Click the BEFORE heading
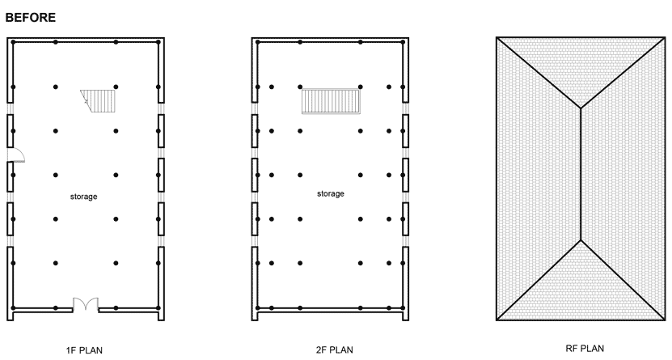click(x=31, y=18)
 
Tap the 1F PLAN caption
click(x=84, y=350)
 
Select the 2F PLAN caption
click(x=334, y=349)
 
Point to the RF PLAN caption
click(x=585, y=349)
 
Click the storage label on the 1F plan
click(x=83, y=197)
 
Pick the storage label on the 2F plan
click(x=331, y=193)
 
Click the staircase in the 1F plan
click(x=98, y=101)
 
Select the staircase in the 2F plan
click(x=331, y=101)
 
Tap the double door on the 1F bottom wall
click(x=85, y=303)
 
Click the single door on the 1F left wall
click(x=16, y=155)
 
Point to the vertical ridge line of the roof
click(x=581, y=174)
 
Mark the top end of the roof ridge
click(x=581, y=108)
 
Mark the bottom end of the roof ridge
click(x=581, y=240)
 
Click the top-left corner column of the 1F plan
click(x=13, y=42)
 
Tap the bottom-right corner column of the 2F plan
click(x=403, y=307)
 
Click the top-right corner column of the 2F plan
click(x=403, y=42)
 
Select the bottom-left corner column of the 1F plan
click(x=13, y=307)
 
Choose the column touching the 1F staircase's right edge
click(x=116, y=87)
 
